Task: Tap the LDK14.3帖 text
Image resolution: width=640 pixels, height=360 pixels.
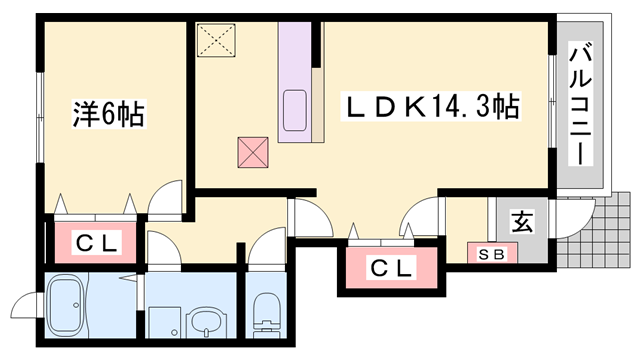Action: coord(431,106)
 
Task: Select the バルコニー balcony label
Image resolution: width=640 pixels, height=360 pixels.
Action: coord(580,105)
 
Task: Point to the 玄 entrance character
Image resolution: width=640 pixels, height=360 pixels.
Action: coord(522,221)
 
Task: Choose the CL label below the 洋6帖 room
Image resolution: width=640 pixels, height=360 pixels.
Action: coord(98,242)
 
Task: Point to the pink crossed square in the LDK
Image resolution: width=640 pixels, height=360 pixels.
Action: coord(252,153)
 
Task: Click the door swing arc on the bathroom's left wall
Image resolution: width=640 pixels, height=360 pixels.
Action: coord(25,306)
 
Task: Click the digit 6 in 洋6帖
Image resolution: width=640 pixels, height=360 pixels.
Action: coord(108,114)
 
